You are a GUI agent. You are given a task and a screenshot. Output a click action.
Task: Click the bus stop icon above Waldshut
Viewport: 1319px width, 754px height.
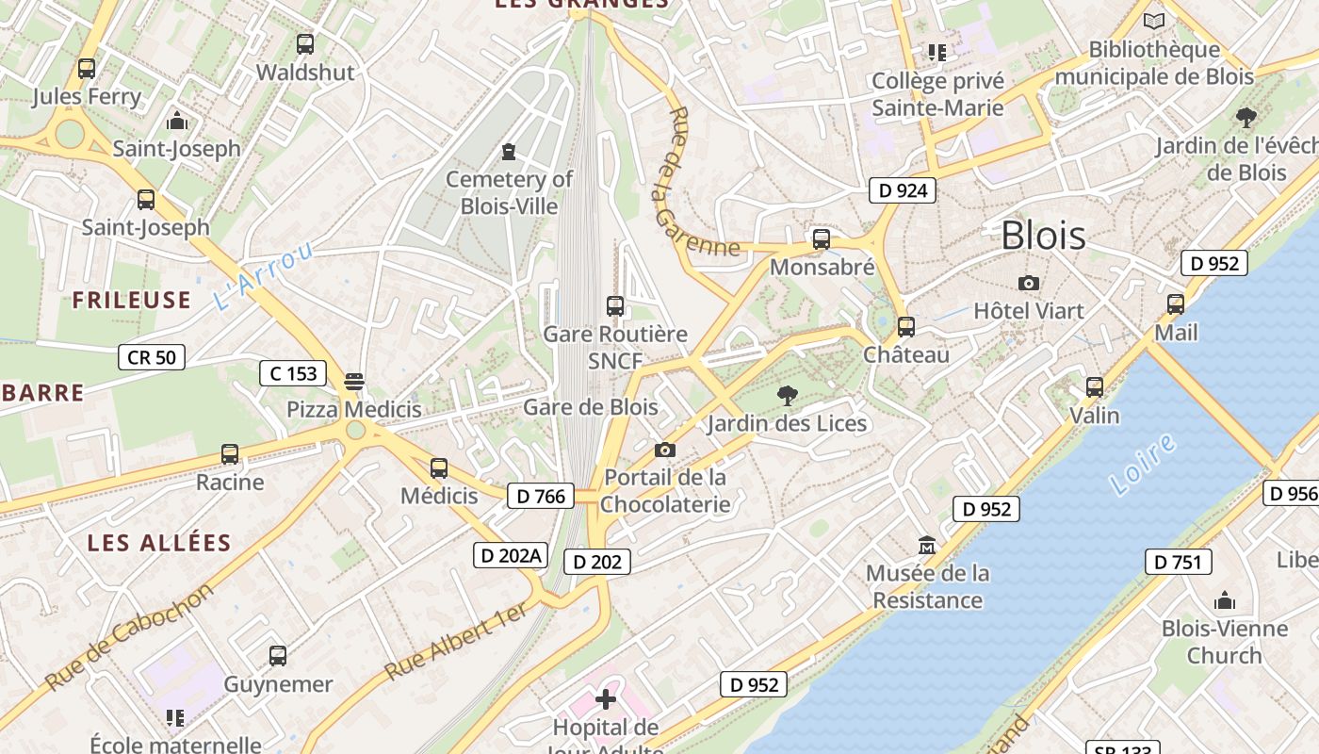point(304,43)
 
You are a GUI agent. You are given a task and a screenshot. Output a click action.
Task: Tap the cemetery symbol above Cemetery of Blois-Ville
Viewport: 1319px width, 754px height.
point(509,151)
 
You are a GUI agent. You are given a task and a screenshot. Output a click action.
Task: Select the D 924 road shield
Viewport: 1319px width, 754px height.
point(903,190)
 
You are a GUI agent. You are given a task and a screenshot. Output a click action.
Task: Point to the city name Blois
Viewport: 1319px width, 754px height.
point(1043,235)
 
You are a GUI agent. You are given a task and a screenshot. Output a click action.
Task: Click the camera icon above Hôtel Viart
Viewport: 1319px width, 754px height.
point(1029,283)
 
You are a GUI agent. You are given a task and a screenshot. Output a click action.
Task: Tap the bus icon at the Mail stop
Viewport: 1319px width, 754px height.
point(1176,304)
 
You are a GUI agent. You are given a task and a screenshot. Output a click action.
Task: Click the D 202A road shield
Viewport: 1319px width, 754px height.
point(510,555)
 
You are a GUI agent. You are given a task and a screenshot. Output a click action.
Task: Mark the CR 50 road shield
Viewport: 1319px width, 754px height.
point(151,356)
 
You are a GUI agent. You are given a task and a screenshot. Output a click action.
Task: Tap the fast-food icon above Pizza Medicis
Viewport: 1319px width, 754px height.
point(354,381)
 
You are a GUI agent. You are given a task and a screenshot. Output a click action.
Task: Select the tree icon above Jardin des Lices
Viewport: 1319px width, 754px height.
point(788,395)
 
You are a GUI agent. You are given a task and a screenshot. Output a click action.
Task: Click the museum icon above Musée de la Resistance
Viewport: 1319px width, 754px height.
point(927,545)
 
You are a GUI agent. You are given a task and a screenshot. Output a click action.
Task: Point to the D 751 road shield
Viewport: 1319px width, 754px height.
point(1178,562)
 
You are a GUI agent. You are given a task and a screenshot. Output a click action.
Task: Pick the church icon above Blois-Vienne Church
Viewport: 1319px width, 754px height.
point(1224,600)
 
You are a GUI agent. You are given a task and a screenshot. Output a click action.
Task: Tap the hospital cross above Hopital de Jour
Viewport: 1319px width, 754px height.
point(606,699)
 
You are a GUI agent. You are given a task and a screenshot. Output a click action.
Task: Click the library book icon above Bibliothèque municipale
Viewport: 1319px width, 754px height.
point(1153,21)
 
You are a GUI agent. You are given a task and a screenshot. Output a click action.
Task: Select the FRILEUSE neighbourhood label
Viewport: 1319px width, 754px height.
point(132,300)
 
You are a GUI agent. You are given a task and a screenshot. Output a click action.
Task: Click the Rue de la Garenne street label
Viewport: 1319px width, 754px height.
point(696,185)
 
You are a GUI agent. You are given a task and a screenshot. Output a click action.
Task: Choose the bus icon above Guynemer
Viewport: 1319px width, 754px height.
point(277,656)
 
